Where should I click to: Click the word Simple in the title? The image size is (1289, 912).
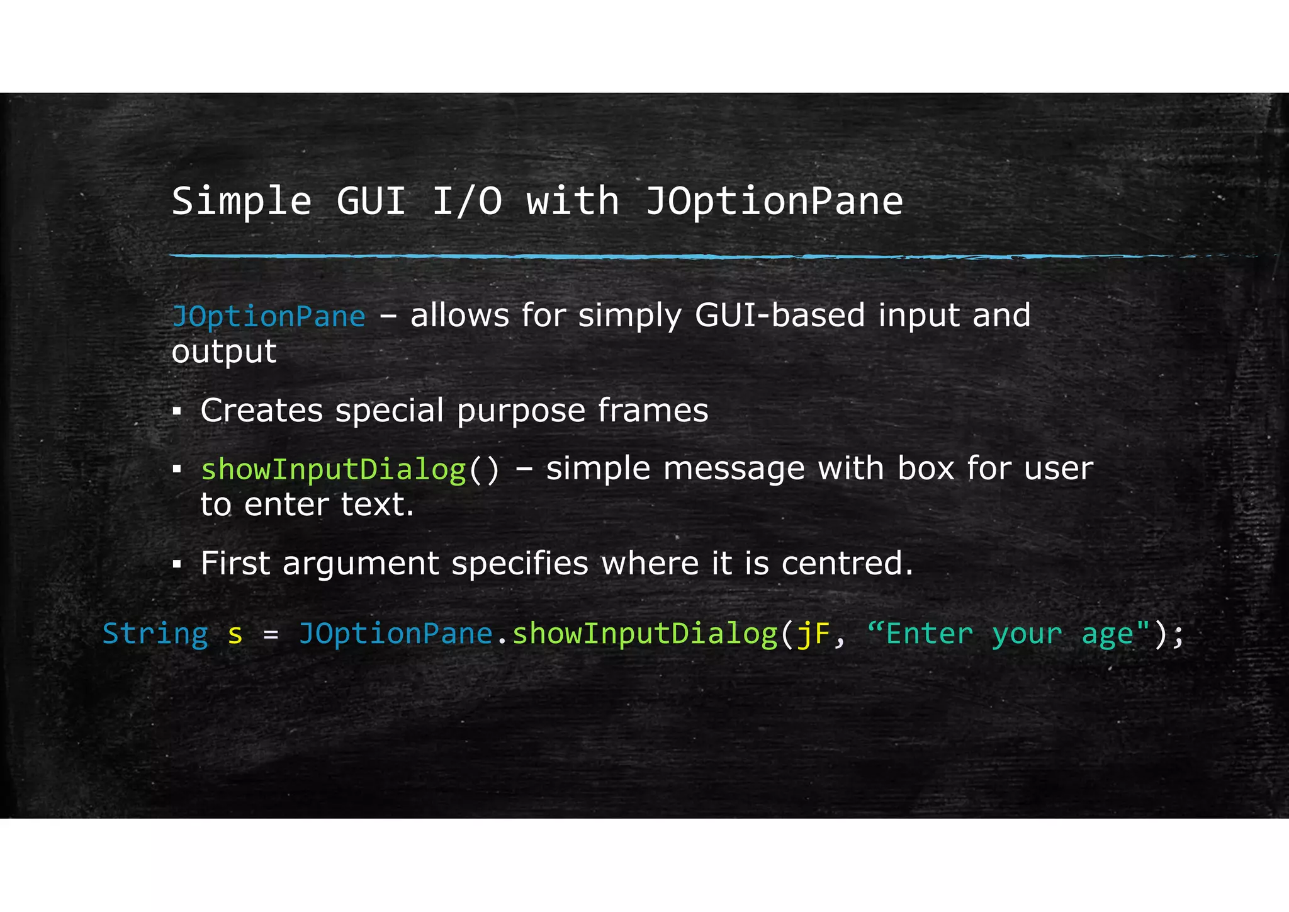pos(241,202)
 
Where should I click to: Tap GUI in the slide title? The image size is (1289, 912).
pos(371,202)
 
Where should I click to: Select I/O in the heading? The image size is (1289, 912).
pos(467,202)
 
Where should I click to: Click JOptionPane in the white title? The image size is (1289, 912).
pos(774,202)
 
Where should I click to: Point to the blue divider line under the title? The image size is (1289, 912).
pos(629,256)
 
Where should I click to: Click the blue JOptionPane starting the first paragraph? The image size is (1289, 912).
pos(268,316)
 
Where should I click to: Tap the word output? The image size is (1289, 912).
pos(223,351)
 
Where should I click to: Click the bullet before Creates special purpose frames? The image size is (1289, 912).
pos(177,412)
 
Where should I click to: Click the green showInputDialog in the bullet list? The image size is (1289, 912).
pos(333,469)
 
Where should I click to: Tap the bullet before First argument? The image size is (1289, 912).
pos(177,564)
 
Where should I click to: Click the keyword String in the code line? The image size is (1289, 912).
pos(155,634)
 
